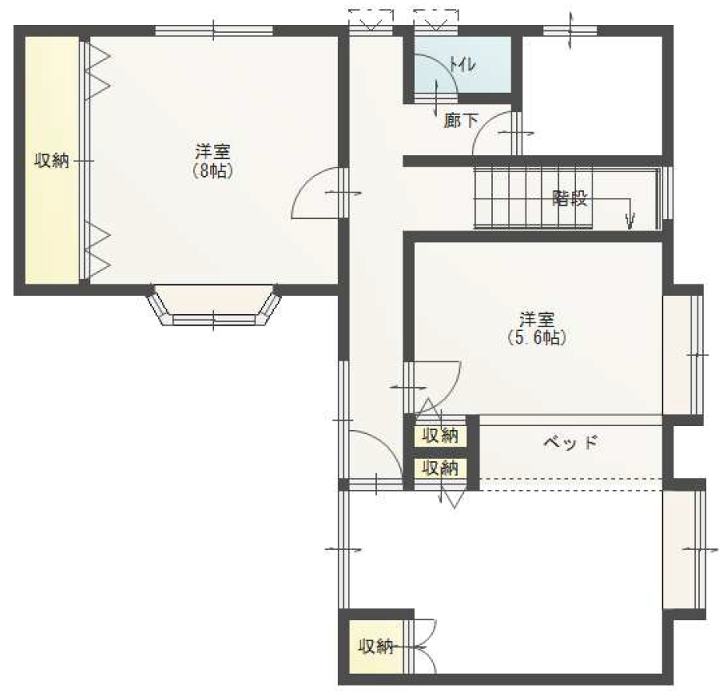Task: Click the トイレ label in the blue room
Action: (x=462, y=65)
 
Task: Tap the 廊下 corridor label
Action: (x=461, y=121)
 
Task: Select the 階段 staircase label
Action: (x=570, y=198)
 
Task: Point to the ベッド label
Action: (x=571, y=442)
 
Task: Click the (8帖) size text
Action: (x=213, y=171)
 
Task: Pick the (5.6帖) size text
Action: (x=537, y=337)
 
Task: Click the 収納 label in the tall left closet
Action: (x=51, y=160)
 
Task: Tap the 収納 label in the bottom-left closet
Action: (x=376, y=647)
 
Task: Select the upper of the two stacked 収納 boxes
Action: (x=441, y=435)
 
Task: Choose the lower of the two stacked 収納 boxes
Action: (x=441, y=468)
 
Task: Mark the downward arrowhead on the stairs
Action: (x=630, y=221)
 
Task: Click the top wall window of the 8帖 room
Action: (x=214, y=30)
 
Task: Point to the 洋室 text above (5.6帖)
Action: (x=537, y=319)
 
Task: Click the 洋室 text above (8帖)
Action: (x=213, y=151)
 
